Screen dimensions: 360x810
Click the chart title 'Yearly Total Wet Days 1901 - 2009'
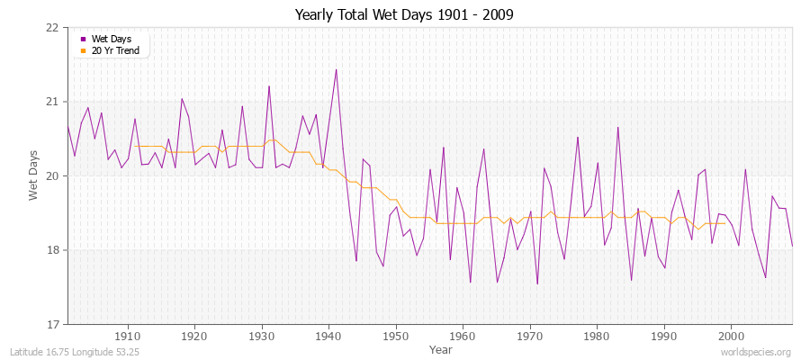(404, 15)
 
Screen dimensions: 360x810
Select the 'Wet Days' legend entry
(112, 39)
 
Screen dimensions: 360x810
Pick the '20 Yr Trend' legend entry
(116, 50)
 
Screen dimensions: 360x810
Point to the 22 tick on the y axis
(52, 27)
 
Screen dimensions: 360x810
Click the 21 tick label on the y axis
(52, 101)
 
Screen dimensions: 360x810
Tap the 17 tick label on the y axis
(52, 324)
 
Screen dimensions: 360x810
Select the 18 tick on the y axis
(52, 249)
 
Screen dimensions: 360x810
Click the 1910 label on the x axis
(128, 336)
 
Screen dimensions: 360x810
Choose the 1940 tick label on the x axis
(328, 336)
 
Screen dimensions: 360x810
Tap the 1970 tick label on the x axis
(530, 336)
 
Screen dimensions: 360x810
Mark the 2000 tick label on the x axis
(731, 336)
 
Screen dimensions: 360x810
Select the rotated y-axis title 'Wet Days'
(34, 175)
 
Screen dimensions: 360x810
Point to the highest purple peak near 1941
(336, 69)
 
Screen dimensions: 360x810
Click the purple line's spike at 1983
(617, 127)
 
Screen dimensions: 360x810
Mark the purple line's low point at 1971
(537, 284)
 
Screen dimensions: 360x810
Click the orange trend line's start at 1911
(135, 146)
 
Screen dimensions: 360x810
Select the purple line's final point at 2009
(792, 246)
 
